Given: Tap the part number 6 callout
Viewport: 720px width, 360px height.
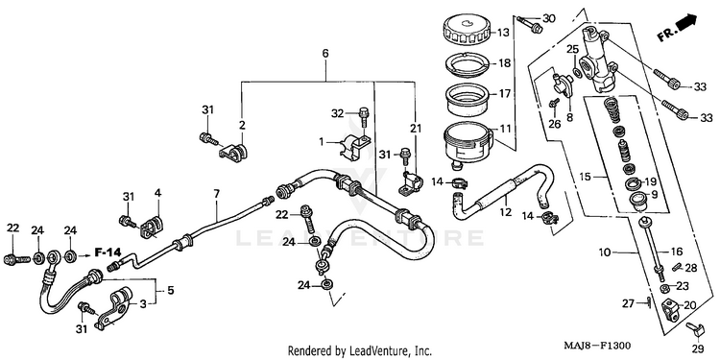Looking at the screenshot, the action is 325,53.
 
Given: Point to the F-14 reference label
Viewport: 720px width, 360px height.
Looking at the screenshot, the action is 108,252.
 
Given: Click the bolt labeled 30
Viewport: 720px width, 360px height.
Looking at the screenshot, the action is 529,24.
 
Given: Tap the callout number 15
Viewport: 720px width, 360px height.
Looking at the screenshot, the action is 598,176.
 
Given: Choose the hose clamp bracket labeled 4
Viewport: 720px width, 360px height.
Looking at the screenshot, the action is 152,227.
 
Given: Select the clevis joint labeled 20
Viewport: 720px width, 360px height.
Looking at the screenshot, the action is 671,309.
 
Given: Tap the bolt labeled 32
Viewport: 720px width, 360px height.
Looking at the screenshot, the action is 363,117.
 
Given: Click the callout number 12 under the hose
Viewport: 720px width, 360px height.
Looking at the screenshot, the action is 506,212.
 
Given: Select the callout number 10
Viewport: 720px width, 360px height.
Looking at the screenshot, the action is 605,252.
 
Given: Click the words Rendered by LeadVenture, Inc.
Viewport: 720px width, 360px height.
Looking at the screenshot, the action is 360,351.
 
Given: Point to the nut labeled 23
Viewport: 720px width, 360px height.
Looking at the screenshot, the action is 663,288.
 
